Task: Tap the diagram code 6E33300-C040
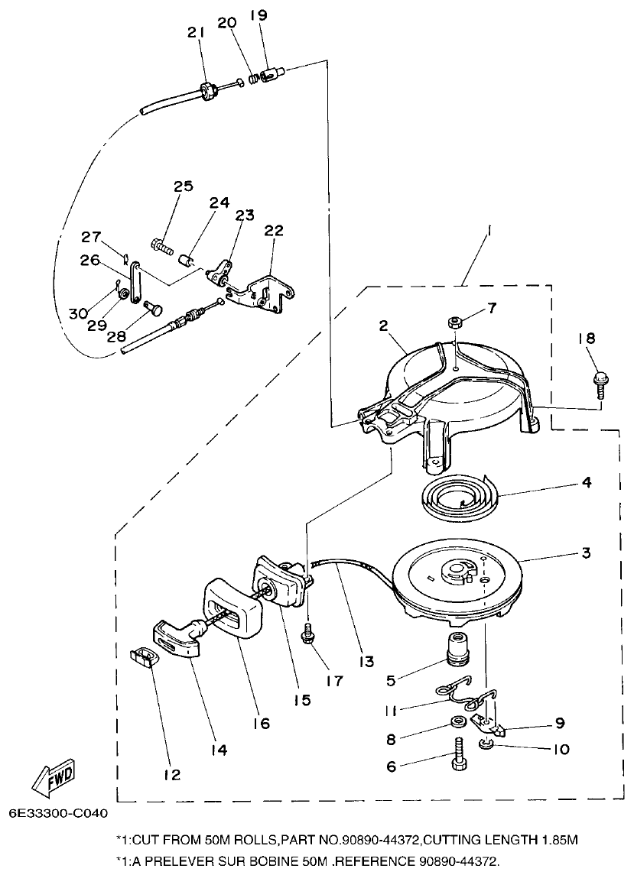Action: (x=59, y=813)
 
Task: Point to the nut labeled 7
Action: (x=454, y=322)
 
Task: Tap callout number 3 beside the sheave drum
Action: (x=585, y=553)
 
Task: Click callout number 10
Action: (x=561, y=750)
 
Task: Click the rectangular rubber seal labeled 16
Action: (x=229, y=608)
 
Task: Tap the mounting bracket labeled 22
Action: (x=268, y=288)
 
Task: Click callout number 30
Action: (x=79, y=313)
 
